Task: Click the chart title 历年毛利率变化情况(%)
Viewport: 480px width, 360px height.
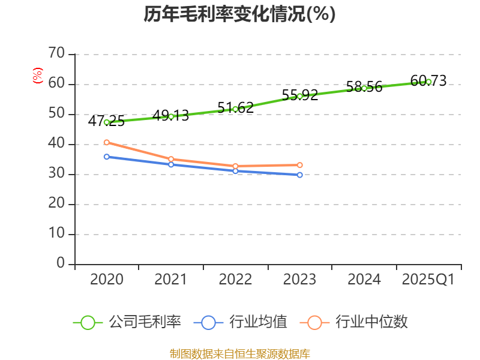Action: (239, 14)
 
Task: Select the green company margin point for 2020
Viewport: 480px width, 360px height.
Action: (107, 122)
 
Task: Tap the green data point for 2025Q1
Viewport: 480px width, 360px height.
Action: (428, 82)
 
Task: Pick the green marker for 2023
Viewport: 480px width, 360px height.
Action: (300, 96)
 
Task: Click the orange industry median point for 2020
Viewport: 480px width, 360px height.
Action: (107, 142)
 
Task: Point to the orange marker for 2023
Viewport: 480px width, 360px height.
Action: (300, 165)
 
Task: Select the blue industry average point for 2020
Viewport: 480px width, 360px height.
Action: (107, 157)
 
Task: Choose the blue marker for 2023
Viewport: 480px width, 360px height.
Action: (300, 175)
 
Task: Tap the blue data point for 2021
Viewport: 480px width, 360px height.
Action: (171, 164)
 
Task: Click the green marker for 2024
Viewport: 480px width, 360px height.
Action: (364, 88)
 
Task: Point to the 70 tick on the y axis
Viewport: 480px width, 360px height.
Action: (56, 54)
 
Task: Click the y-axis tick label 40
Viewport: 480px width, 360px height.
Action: (56, 144)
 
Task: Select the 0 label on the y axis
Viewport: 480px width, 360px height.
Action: (61, 264)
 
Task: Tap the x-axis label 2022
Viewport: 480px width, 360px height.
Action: (235, 280)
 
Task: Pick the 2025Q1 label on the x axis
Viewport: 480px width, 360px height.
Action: (428, 280)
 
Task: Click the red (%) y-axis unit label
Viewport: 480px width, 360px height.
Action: (38, 76)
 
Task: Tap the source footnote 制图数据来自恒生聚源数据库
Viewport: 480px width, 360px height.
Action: (239, 354)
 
